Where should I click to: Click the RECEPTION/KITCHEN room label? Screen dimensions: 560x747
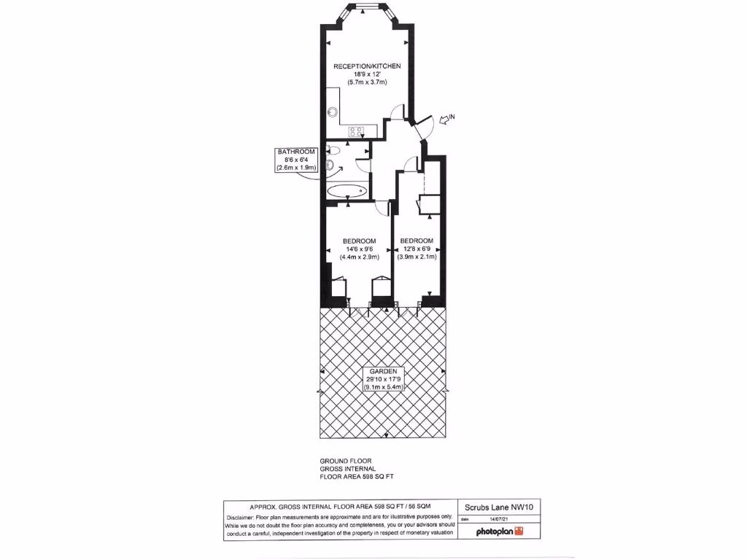[367, 66]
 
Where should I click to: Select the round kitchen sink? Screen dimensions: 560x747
[333, 112]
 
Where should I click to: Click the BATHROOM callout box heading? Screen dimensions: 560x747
[295, 152]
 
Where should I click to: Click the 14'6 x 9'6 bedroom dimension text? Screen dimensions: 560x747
[360, 249]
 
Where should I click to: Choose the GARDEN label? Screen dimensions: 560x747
[383, 371]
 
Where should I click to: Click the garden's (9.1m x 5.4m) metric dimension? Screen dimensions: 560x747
[383, 386]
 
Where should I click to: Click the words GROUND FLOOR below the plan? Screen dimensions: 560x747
[346, 462]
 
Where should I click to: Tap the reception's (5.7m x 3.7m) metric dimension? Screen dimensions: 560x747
[367, 82]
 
